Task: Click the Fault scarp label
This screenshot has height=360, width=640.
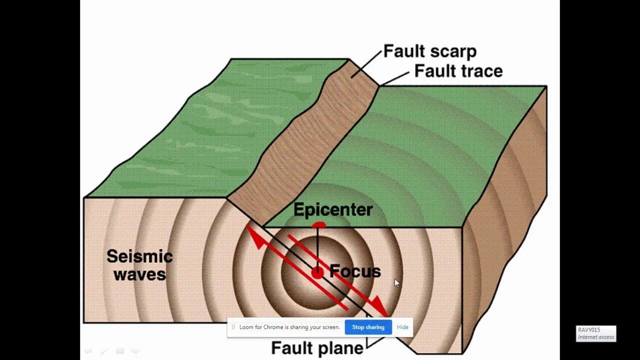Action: [429, 51]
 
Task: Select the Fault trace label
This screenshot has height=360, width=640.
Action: [458, 71]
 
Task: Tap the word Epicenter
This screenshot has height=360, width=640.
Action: [332, 209]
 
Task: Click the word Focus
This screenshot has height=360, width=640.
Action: [355, 271]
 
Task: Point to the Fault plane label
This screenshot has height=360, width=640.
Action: [317, 348]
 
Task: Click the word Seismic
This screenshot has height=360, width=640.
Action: [139, 256]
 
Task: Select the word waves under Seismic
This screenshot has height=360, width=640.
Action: [139, 274]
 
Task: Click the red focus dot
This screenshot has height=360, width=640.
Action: [317, 272]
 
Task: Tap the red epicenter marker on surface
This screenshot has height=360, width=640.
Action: [318, 226]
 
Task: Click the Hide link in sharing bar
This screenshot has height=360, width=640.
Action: [402, 327]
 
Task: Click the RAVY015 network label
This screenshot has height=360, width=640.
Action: [589, 330]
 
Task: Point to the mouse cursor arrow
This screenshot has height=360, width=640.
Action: [396, 282]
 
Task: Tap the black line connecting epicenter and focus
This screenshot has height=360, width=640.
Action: [317, 247]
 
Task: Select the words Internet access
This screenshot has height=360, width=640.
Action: [596, 337]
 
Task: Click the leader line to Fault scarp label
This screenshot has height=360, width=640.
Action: [366, 64]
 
